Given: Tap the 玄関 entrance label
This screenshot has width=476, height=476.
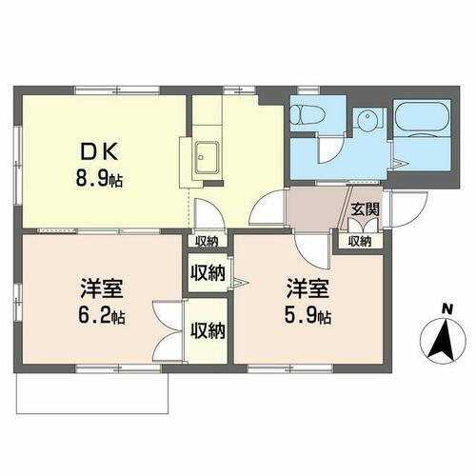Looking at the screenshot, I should pyautogui.click(x=363, y=208).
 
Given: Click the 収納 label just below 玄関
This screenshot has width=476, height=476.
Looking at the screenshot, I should pyautogui.click(x=359, y=242).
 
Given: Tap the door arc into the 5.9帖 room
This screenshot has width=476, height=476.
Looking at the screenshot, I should pyautogui.click(x=311, y=249).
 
